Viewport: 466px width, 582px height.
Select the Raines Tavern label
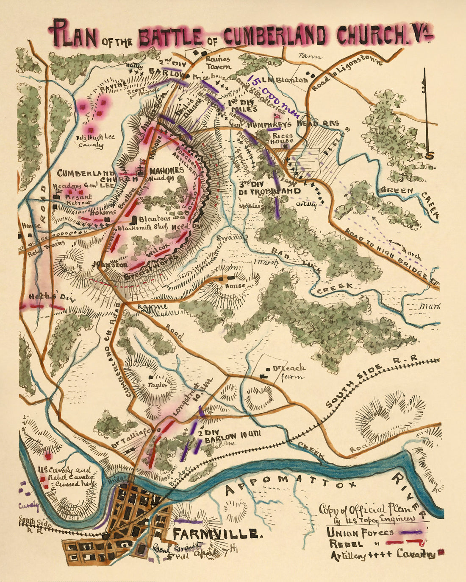pos(218,63)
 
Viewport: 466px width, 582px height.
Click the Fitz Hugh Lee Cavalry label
pos(90,141)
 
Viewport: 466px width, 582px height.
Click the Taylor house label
pos(156,386)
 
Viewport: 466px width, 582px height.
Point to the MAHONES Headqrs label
pos(166,174)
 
